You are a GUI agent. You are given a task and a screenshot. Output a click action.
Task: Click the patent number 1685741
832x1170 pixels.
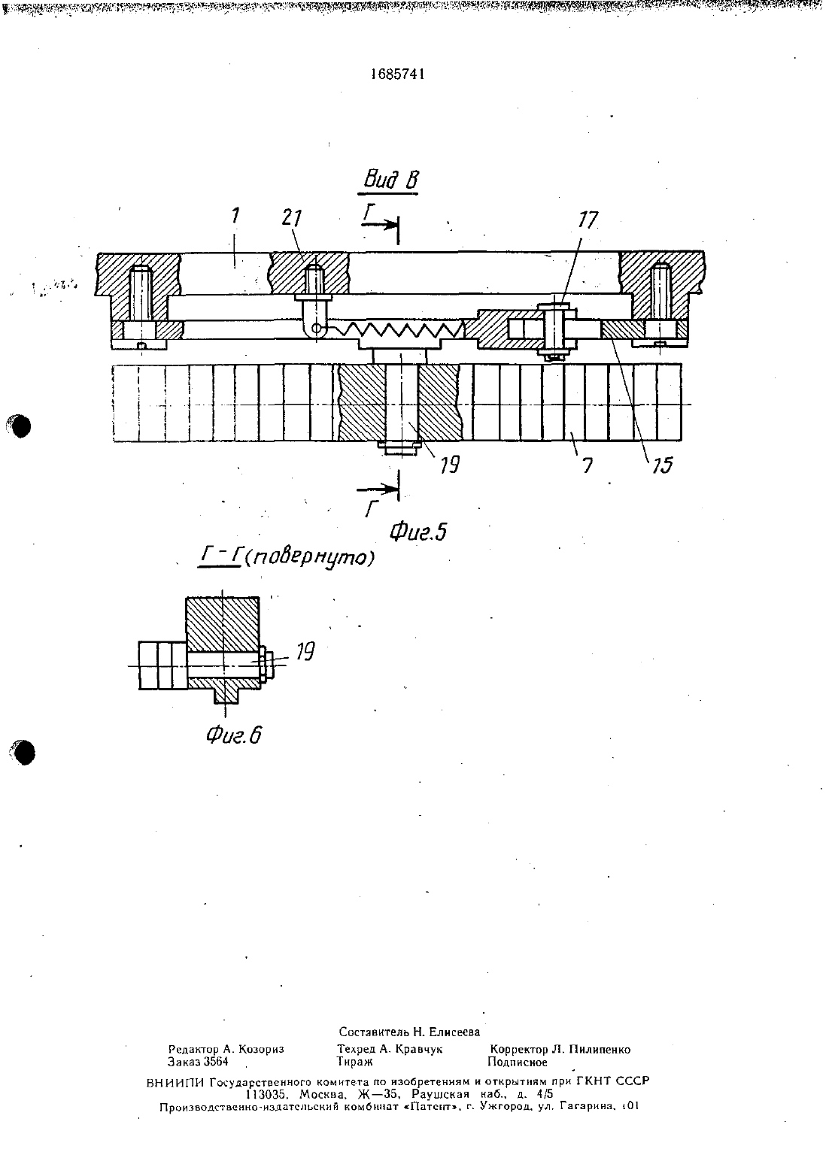tap(397, 74)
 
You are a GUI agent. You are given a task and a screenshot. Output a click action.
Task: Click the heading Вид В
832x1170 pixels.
tap(391, 180)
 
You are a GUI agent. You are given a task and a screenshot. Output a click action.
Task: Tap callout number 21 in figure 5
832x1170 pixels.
tap(292, 218)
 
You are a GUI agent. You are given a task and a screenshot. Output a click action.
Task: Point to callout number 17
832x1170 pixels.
tap(588, 220)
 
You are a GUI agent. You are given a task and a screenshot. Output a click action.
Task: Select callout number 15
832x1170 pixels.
tap(662, 465)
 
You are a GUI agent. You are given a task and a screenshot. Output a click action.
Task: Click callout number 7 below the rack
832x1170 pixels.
tap(588, 465)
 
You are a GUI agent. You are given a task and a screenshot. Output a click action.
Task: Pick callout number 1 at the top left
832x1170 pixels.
tap(235, 216)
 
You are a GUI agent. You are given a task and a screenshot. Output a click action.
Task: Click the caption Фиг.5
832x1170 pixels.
tap(418, 532)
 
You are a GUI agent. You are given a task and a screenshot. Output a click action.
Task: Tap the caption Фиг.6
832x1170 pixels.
tap(233, 735)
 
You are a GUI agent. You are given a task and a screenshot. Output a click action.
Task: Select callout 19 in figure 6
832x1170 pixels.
tap(305, 651)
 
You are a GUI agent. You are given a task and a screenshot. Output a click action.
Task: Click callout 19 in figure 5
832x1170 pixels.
tap(449, 465)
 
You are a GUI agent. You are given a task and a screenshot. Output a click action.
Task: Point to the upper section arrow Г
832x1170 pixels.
tap(380, 224)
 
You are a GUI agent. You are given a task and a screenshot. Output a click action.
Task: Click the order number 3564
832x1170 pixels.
tap(216, 1062)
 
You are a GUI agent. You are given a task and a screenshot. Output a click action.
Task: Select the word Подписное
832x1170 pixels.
tap(518, 1062)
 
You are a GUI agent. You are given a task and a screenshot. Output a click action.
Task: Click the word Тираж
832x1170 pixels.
tap(354, 1062)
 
